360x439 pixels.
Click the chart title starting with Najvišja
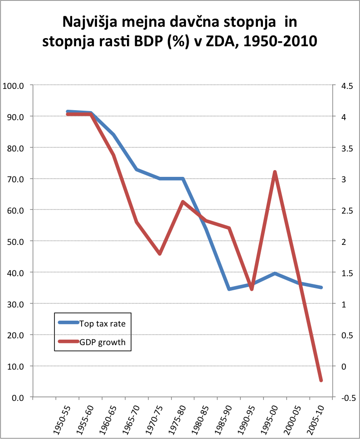tap(180, 32)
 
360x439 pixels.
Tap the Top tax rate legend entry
tap(102, 324)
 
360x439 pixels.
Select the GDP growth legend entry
tap(102, 342)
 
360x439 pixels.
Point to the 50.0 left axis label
tap(15, 241)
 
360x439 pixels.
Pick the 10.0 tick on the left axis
tap(15, 366)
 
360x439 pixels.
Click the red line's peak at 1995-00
tap(275, 172)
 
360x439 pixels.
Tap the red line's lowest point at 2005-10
tap(321, 380)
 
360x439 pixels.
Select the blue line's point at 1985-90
tap(229, 289)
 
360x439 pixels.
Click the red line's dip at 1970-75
tap(160, 254)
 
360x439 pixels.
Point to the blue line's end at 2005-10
tap(321, 288)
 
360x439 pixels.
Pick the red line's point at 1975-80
tap(182, 202)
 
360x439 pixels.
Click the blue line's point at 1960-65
tap(113, 135)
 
